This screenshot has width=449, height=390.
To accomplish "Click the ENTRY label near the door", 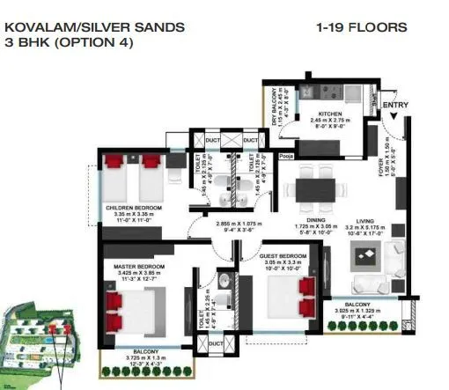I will [x=395, y=106].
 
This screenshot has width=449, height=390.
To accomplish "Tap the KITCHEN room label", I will [x=330, y=114].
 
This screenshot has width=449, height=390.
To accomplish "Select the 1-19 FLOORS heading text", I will [x=361, y=28].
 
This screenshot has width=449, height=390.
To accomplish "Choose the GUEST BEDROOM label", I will [x=283, y=256].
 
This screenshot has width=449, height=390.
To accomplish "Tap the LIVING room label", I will [x=365, y=222].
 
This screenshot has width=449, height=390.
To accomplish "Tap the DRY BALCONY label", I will [x=276, y=106].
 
